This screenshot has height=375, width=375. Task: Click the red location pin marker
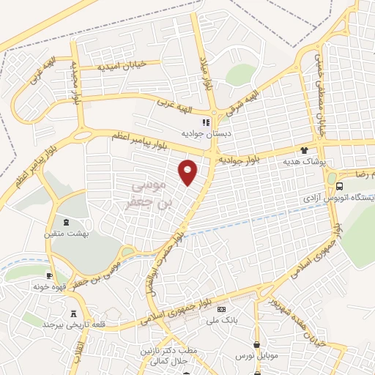tap(189, 171)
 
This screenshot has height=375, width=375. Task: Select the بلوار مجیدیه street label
tap(75, 73)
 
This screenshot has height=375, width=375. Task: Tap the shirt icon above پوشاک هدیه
tap(304, 149)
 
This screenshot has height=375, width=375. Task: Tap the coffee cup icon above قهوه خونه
tap(49, 276)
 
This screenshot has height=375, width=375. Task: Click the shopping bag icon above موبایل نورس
tap(256, 344)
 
